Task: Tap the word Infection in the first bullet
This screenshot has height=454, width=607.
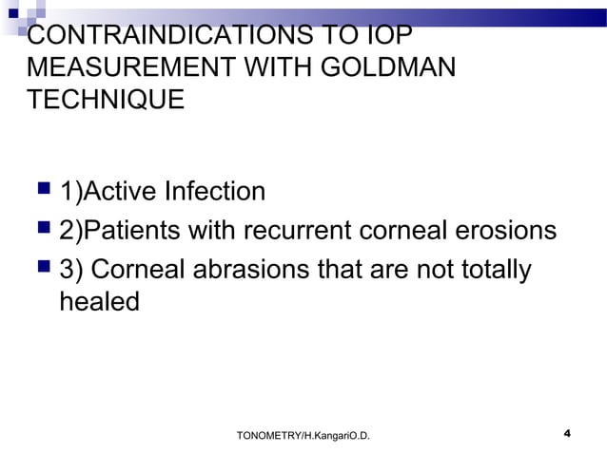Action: [215, 192]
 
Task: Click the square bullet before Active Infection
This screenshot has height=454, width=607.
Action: [41, 192]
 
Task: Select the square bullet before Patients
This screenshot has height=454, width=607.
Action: [41, 231]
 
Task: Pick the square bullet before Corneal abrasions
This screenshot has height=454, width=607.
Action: [41, 270]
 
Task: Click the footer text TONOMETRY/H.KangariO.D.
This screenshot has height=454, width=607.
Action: [303, 435]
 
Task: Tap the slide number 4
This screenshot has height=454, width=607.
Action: [567, 434]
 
